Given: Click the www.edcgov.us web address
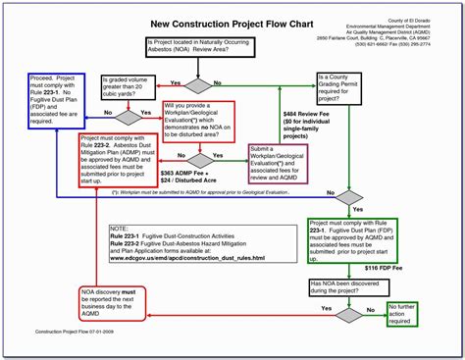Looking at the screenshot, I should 185,258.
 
